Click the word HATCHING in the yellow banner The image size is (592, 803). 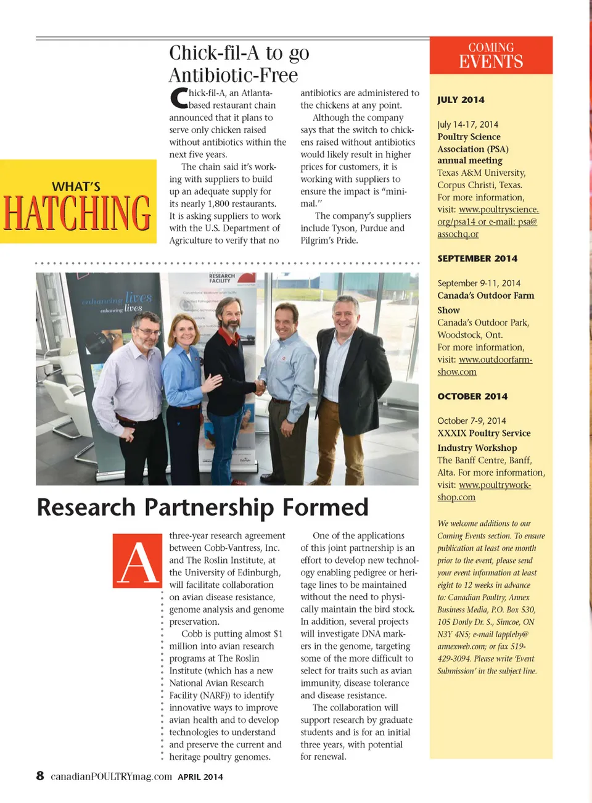tap(78, 213)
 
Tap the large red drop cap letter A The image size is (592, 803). tap(138, 561)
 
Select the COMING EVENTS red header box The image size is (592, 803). tap(491, 56)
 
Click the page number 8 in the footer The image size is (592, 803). tap(40, 776)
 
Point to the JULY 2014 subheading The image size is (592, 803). tap(461, 100)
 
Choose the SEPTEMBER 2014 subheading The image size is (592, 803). tap(477, 258)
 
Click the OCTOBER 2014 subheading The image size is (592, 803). tap(472, 397)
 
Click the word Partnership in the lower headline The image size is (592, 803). tap(208, 508)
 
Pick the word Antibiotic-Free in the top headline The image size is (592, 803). tap(233, 75)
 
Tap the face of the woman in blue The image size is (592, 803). tap(185, 331)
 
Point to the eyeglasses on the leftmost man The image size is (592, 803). tap(148, 331)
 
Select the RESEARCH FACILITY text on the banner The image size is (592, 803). tap(222, 278)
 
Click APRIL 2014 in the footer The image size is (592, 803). tap(200, 777)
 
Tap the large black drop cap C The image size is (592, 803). tap(179, 99)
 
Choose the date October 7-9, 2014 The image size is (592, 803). tap(472, 421)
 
